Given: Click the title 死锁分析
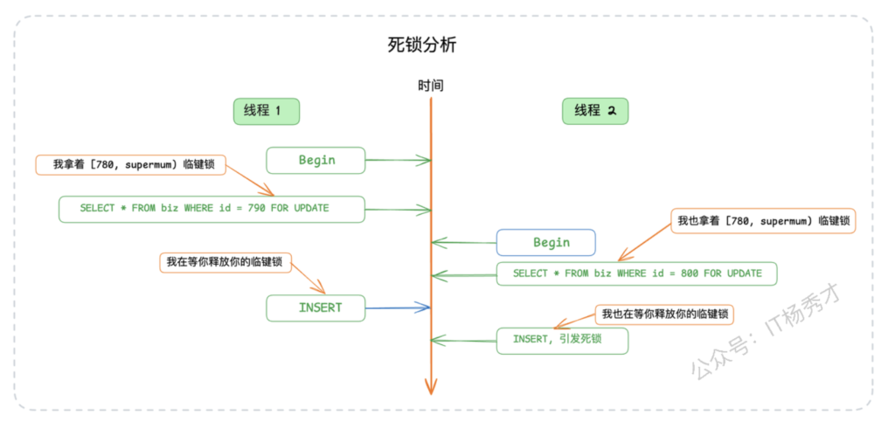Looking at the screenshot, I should coord(422,45).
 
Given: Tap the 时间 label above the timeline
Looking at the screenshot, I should coord(430,86).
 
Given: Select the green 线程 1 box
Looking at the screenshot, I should coord(267,111).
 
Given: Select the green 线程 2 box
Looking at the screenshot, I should coord(595,111).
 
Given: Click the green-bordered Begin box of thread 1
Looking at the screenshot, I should coord(316,160).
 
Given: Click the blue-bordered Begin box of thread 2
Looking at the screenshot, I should coord(546,242).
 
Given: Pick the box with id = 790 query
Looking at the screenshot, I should coord(212,209).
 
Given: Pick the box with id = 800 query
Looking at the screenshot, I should coord(637,273).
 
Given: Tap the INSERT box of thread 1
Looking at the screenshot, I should coord(316,308).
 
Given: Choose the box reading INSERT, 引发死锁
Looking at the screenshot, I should coord(562,340).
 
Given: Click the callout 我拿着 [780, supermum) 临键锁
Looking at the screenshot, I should coord(130,163).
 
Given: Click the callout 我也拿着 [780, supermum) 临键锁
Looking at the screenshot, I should coord(763,221).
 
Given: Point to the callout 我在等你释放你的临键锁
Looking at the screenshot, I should coord(225,262).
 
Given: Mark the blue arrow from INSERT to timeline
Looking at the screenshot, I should coord(398,308).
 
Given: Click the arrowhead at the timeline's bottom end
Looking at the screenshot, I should coord(430,385).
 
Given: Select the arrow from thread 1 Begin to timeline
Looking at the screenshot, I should coord(398,160).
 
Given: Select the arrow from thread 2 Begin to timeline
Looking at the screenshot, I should coord(464,242).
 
